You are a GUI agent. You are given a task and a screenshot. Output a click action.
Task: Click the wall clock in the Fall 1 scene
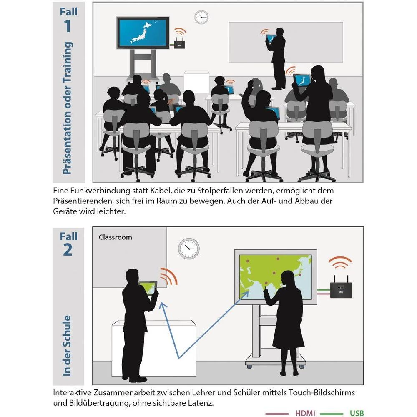[x=201, y=17]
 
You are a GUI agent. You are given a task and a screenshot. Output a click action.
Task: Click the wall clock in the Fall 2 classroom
[x=189, y=249]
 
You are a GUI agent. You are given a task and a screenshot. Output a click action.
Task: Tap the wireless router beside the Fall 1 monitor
[x=179, y=43]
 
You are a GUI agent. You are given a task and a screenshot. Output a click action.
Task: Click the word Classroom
[x=115, y=237]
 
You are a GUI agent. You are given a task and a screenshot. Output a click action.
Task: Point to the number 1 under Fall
[x=68, y=26]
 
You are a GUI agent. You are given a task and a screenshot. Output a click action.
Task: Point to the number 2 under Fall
[x=68, y=250]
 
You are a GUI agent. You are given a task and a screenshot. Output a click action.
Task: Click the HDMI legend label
[x=305, y=413]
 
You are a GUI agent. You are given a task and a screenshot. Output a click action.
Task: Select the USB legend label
[x=357, y=413]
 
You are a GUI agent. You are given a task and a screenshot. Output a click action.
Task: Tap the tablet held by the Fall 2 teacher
[x=148, y=288]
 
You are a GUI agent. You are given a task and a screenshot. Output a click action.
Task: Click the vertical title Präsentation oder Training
[x=67, y=108]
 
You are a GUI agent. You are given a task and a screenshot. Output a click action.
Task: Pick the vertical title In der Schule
[x=67, y=346]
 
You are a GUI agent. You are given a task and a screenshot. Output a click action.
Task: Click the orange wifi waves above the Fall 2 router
[x=340, y=262]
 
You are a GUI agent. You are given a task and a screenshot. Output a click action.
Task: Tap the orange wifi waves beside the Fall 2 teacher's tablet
[x=169, y=276]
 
